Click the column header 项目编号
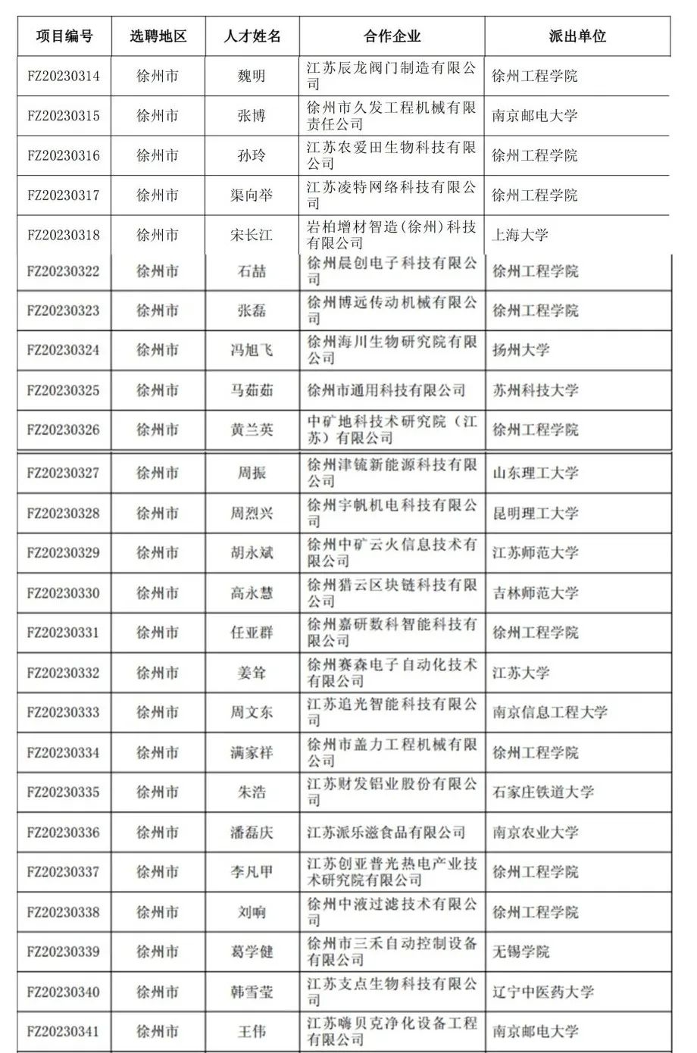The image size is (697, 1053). (x=64, y=36)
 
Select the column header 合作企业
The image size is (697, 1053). (x=392, y=36)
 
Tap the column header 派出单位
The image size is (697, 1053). (x=577, y=36)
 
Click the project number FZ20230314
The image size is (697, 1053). (x=64, y=77)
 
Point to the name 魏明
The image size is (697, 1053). (x=252, y=77)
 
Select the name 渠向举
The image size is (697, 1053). (x=252, y=195)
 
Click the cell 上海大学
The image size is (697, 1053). (x=520, y=235)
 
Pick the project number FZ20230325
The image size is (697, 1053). (x=64, y=390)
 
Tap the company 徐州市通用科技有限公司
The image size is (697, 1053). (x=386, y=390)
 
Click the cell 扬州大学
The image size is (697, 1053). (x=521, y=350)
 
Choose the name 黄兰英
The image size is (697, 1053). (x=252, y=430)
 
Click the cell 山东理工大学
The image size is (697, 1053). (x=536, y=473)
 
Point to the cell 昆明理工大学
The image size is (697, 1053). (x=536, y=513)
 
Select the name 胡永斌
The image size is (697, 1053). (x=252, y=553)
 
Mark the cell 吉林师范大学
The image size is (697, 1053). (x=536, y=592)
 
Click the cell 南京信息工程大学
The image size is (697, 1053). (x=550, y=712)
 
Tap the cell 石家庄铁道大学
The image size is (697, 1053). (x=543, y=792)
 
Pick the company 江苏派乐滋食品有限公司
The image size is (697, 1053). (x=386, y=833)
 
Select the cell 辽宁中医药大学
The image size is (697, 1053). (x=543, y=992)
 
